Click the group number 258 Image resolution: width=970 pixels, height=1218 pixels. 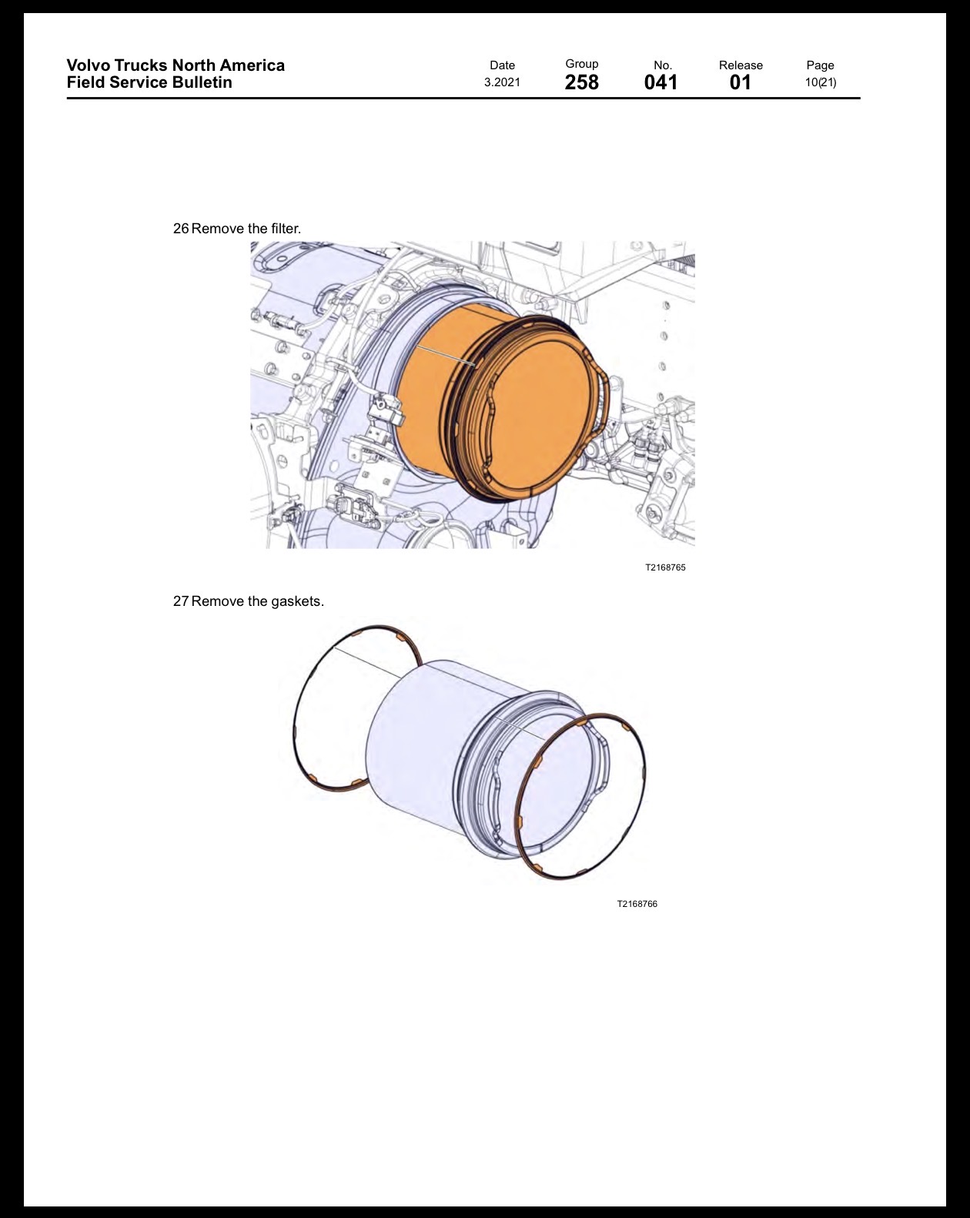pos(581,82)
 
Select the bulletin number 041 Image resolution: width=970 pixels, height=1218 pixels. pos(661,82)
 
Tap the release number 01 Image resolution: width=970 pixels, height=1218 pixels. pos(741,82)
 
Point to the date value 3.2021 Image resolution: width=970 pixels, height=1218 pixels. pos(502,82)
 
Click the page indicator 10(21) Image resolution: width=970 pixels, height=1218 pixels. pos(821,82)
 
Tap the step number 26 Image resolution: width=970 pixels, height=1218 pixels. pos(181,229)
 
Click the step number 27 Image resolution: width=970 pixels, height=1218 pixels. pos(181,601)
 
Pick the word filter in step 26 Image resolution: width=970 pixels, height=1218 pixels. pos(286,229)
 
